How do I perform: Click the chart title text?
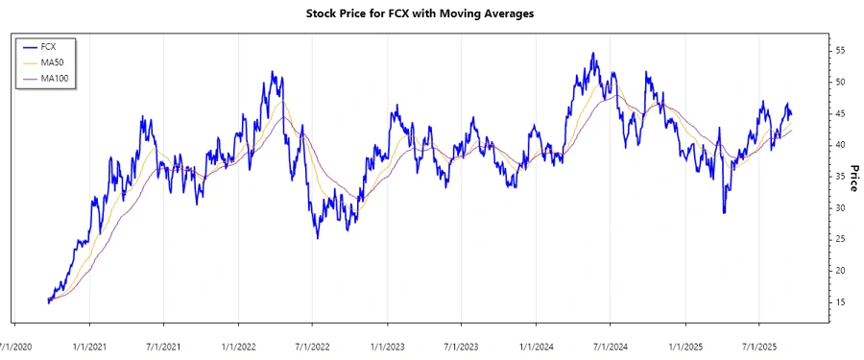(x=432, y=13)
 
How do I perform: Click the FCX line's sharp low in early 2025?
(x=724, y=212)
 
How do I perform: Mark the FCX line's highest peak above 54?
(x=593, y=53)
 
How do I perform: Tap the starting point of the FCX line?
(x=48, y=301)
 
